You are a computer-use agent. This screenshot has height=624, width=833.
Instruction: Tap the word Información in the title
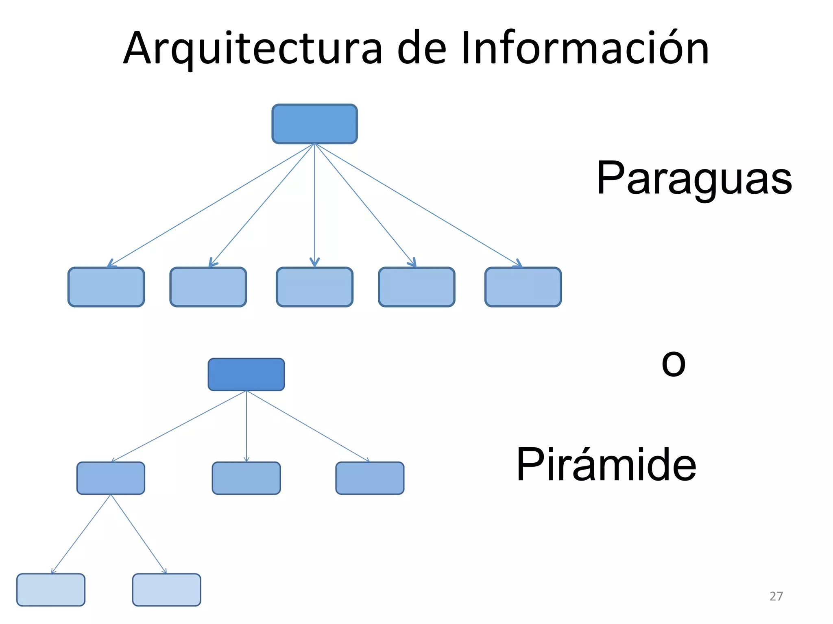[x=585, y=49]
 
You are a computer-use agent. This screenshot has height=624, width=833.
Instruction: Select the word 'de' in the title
[x=421, y=49]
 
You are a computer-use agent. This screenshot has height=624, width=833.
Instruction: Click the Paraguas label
[x=694, y=179]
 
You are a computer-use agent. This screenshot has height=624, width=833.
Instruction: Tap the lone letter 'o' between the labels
[x=674, y=363]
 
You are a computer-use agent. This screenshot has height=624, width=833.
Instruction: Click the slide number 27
[x=776, y=596]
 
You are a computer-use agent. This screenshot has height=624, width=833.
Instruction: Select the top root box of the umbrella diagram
[x=314, y=124]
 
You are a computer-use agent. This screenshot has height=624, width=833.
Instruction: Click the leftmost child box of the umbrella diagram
[x=106, y=287]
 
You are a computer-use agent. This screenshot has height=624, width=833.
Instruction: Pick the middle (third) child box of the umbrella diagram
[x=314, y=287]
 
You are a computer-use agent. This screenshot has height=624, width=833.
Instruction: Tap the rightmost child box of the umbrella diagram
[x=523, y=287]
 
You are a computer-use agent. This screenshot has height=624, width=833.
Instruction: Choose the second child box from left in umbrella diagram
[x=208, y=287]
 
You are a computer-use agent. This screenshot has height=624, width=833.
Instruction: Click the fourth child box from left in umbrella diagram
[x=416, y=287]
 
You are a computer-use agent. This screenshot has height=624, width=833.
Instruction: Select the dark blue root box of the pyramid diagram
[x=246, y=375]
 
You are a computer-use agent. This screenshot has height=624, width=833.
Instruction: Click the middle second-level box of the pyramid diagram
[x=246, y=478]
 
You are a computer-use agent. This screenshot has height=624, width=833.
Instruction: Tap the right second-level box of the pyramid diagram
[x=370, y=478]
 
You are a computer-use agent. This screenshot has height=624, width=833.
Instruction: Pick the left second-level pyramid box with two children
[x=111, y=478]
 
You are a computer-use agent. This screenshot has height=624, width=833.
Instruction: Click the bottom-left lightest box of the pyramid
[x=51, y=590]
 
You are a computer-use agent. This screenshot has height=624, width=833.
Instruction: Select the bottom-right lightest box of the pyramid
[x=166, y=590]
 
